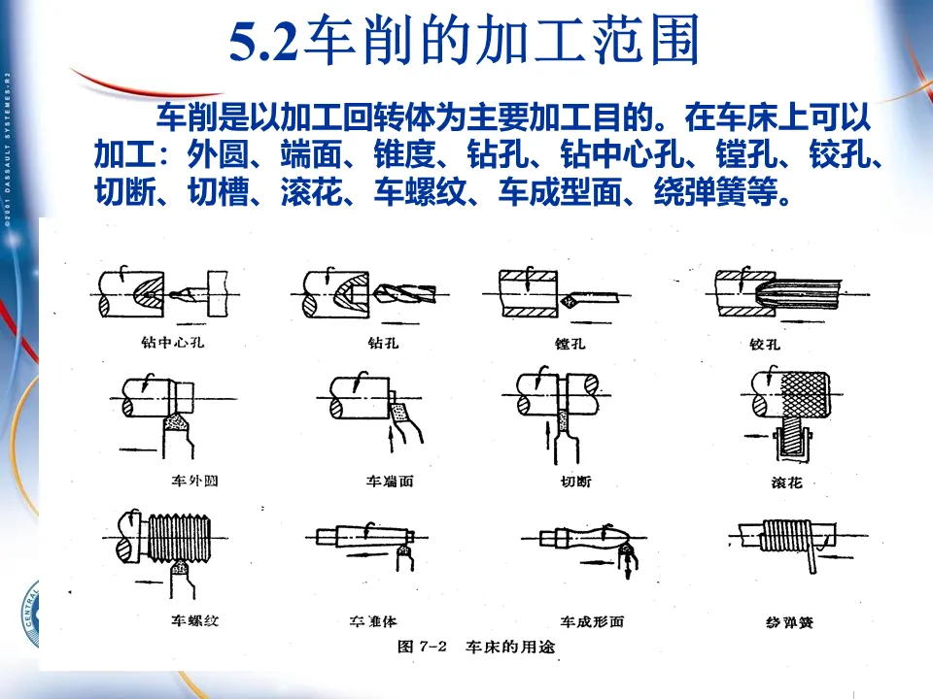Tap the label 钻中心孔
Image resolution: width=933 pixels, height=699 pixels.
tap(174, 343)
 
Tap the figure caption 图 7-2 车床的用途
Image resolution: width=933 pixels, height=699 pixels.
tap(475, 647)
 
